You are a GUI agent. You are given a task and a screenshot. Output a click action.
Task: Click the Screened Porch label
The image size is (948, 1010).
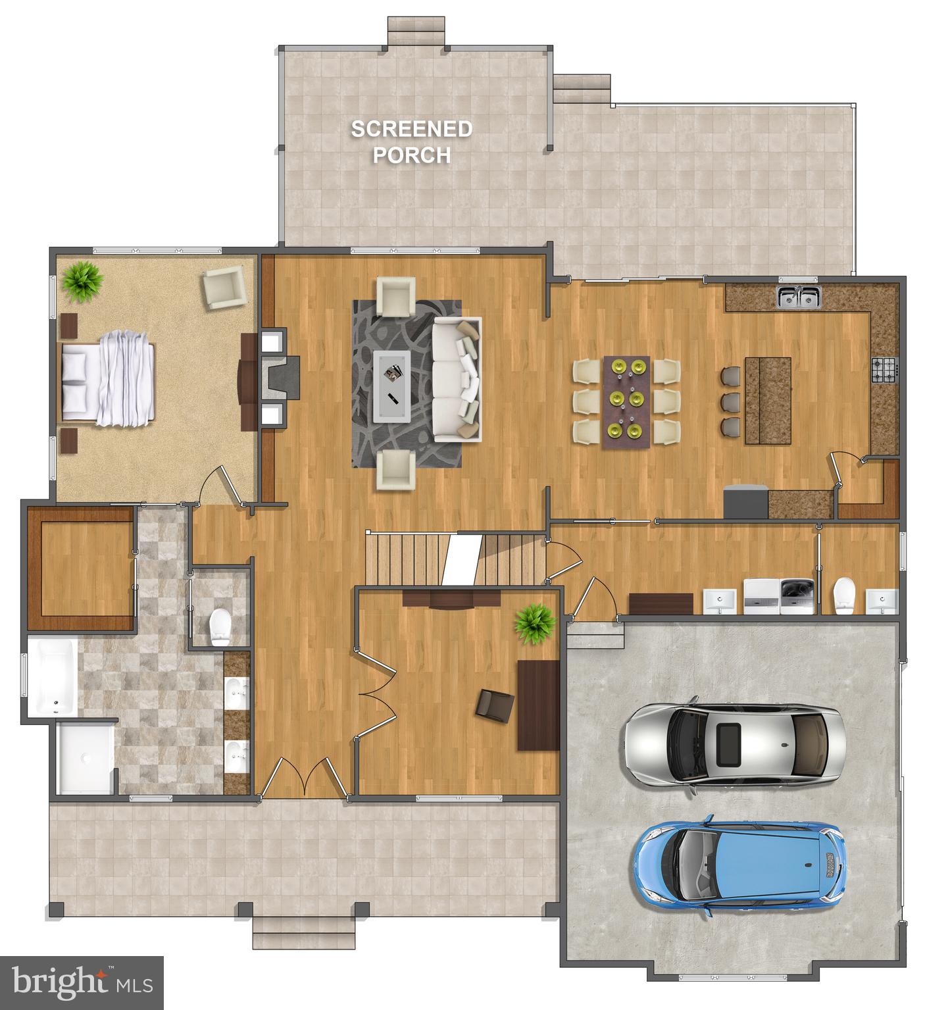(x=411, y=141)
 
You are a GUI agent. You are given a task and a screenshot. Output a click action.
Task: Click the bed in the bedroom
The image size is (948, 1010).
(x=109, y=376)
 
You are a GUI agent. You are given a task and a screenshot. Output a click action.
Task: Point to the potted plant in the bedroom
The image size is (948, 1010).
(x=82, y=282)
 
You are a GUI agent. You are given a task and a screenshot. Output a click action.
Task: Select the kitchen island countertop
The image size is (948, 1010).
(x=768, y=400)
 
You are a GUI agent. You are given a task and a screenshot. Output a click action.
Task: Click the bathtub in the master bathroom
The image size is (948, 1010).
(x=52, y=678)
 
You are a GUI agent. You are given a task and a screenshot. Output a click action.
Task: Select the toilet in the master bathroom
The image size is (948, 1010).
(x=220, y=626)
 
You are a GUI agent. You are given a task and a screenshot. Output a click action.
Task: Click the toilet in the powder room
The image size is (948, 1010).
(x=843, y=596)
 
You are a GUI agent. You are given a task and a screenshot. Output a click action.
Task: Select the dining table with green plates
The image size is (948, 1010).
(x=626, y=402)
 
